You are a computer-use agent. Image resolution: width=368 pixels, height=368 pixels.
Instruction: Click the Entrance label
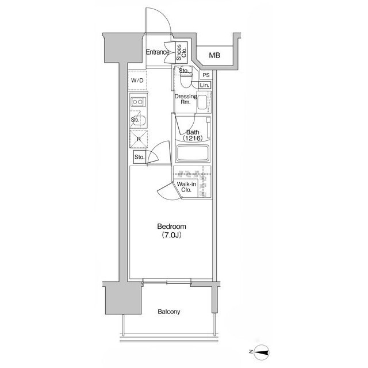[157, 52]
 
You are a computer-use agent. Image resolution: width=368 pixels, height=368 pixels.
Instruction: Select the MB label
[214, 56]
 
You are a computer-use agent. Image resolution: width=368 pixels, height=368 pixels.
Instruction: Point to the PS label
[205, 75]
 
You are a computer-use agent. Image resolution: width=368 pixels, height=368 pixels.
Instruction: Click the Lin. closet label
[205, 86]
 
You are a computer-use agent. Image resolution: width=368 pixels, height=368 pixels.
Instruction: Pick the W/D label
[137, 80]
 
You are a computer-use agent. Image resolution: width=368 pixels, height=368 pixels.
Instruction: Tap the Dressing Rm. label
[185, 99]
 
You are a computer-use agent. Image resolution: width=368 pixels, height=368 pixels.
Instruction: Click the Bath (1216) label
[192, 136]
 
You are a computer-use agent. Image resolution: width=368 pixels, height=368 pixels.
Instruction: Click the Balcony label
[169, 312]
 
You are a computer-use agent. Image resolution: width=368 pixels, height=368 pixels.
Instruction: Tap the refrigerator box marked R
[139, 139]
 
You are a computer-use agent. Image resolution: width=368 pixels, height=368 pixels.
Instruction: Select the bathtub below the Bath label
[192, 154]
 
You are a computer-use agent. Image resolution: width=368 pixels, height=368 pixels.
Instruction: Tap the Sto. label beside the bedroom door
[139, 157]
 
